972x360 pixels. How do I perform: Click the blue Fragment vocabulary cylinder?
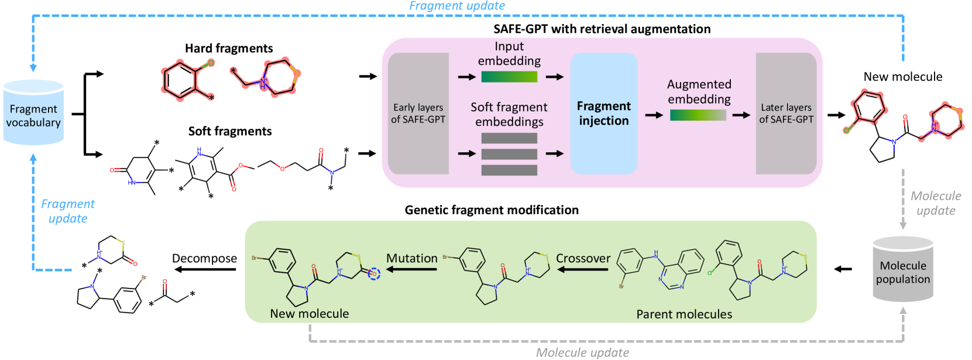click(x=33, y=114)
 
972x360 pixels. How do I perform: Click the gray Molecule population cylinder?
click(x=902, y=271)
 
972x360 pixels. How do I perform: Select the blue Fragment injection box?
click(x=603, y=114)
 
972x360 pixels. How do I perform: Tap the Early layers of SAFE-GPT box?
click(x=418, y=114)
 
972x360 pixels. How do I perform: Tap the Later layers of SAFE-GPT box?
click(x=786, y=114)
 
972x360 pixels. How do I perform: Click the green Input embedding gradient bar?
click(x=509, y=77)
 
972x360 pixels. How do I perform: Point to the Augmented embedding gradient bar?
click(x=698, y=115)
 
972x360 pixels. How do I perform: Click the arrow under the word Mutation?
click(x=412, y=269)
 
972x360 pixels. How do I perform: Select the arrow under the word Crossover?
click(x=583, y=269)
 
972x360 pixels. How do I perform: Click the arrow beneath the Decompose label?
click(x=205, y=269)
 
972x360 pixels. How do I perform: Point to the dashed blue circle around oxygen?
click(x=374, y=273)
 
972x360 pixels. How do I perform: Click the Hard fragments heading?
click(x=229, y=49)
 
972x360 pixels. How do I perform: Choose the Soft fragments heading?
click(x=230, y=132)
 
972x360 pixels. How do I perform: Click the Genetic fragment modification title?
click(x=492, y=210)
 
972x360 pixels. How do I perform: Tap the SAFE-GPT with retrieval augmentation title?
click(x=602, y=29)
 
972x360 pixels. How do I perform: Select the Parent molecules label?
click(x=684, y=314)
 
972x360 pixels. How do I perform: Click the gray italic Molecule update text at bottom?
click(x=582, y=352)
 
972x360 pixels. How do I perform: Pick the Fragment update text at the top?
click(x=457, y=6)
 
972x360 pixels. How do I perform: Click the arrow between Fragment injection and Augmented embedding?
click(x=654, y=115)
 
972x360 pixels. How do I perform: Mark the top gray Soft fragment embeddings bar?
click(x=509, y=138)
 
